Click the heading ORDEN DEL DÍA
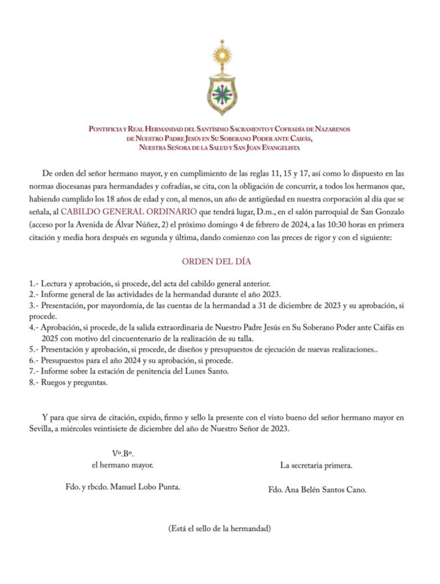(x=216, y=261)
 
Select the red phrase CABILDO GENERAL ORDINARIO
(x=128, y=212)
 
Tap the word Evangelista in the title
(x=280, y=148)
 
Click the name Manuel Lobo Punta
(x=145, y=487)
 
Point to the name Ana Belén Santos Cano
(x=325, y=490)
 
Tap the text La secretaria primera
(x=316, y=466)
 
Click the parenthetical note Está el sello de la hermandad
(x=219, y=529)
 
